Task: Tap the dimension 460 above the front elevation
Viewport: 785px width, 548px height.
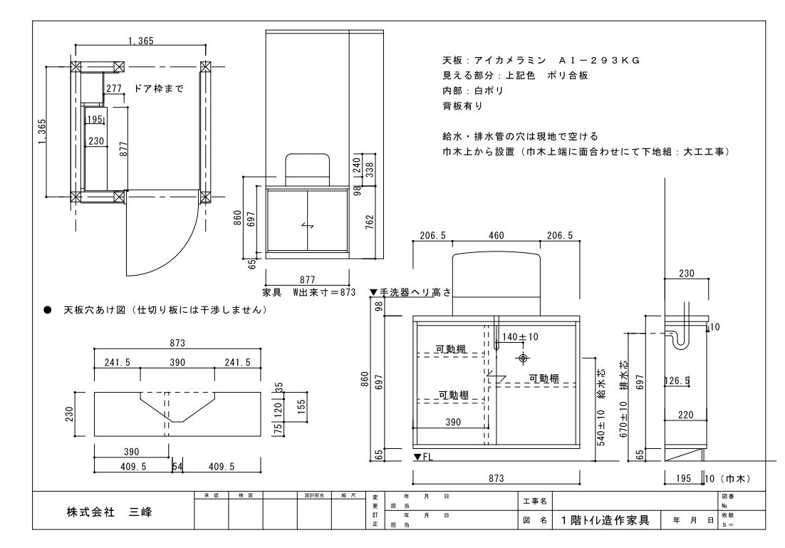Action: (x=497, y=236)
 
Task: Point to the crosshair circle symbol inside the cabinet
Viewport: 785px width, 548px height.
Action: (x=524, y=357)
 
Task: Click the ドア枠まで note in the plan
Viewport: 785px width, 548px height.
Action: (x=158, y=89)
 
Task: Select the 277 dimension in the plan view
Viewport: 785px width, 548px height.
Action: (x=114, y=89)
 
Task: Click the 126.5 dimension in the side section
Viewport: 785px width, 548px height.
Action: (x=676, y=381)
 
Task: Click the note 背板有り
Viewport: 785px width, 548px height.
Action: (x=462, y=105)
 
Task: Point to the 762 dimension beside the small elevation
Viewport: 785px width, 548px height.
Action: (x=368, y=220)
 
